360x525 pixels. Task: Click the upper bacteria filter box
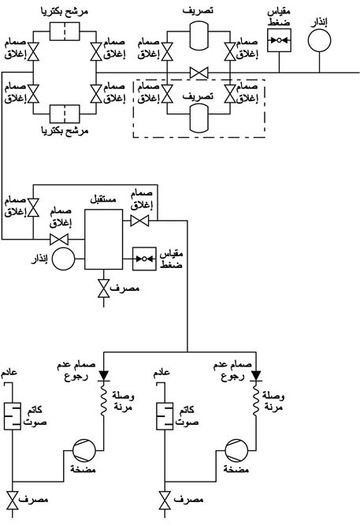(65, 32)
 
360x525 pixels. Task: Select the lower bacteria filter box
(65, 114)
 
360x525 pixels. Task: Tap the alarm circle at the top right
(319, 40)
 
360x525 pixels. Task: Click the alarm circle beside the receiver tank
(64, 259)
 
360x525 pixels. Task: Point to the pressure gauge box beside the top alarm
(279, 40)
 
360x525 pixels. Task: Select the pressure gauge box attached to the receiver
(144, 259)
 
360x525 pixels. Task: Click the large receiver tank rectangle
(103, 240)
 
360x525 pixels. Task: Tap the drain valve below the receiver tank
(103, 289)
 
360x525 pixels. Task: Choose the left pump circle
(84, 450)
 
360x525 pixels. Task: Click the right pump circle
(236, 450)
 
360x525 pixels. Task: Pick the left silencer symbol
(13, 416)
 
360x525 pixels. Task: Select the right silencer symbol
(165, 416)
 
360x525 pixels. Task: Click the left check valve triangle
(103, 376)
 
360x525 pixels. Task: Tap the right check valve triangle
(256, 376)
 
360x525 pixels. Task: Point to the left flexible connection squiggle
(103, 400)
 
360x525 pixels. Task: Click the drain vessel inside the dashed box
(199, 118)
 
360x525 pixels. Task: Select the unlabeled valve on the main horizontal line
(199, 73)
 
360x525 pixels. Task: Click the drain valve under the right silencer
(165, 500)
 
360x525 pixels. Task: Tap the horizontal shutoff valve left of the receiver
(59, 240)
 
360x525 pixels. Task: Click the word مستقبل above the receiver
(103, 199)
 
